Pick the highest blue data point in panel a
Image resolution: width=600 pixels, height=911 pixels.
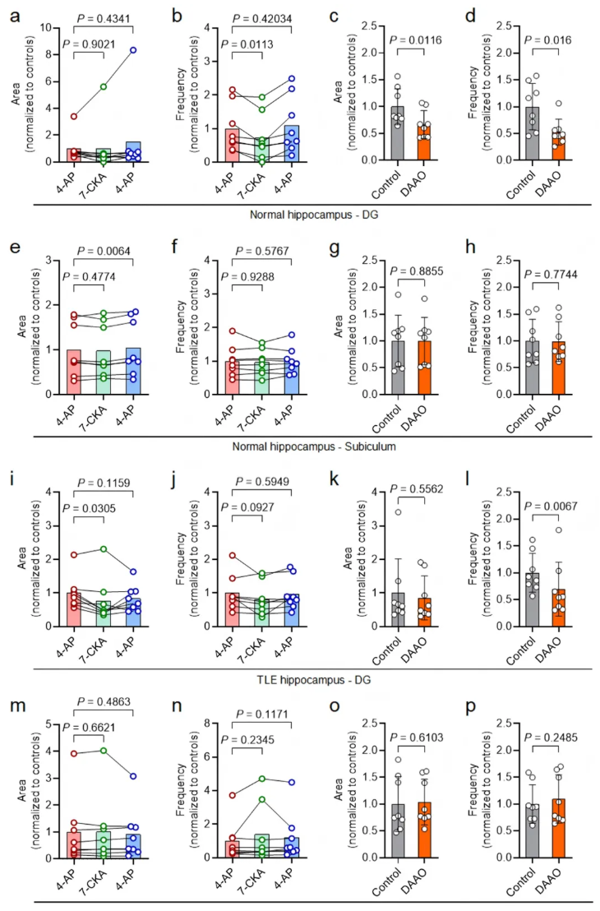click(133, 50)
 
